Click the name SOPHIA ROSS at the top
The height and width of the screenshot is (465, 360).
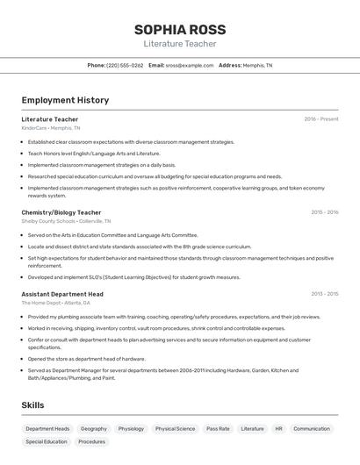coord(180,30)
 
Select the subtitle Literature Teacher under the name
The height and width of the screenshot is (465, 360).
coord(180,44)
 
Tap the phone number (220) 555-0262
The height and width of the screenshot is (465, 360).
coord(125,65)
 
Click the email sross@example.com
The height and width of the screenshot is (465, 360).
coord(190,65)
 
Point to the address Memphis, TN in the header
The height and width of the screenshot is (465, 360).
coord(257,65)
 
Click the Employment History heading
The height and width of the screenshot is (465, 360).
coord(65,100)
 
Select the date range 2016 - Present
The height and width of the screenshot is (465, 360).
coord(321,119)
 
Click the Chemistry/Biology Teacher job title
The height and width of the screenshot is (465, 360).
coord(61,212)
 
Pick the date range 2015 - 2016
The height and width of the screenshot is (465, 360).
coord(324,212)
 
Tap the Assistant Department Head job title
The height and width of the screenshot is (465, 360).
coord(62,294)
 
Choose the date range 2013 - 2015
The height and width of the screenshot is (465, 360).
coord(324,294)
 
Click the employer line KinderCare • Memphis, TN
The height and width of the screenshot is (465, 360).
coord(51,128)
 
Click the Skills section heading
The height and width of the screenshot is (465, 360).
coord(34,404)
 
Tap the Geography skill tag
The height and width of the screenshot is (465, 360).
coord(94,429)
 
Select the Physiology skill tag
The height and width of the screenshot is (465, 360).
coord(131,429)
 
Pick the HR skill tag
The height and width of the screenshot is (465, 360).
coord(278,429)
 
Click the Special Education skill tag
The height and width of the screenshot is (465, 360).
coord(47,442)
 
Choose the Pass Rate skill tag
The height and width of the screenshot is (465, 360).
coord(218,429)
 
